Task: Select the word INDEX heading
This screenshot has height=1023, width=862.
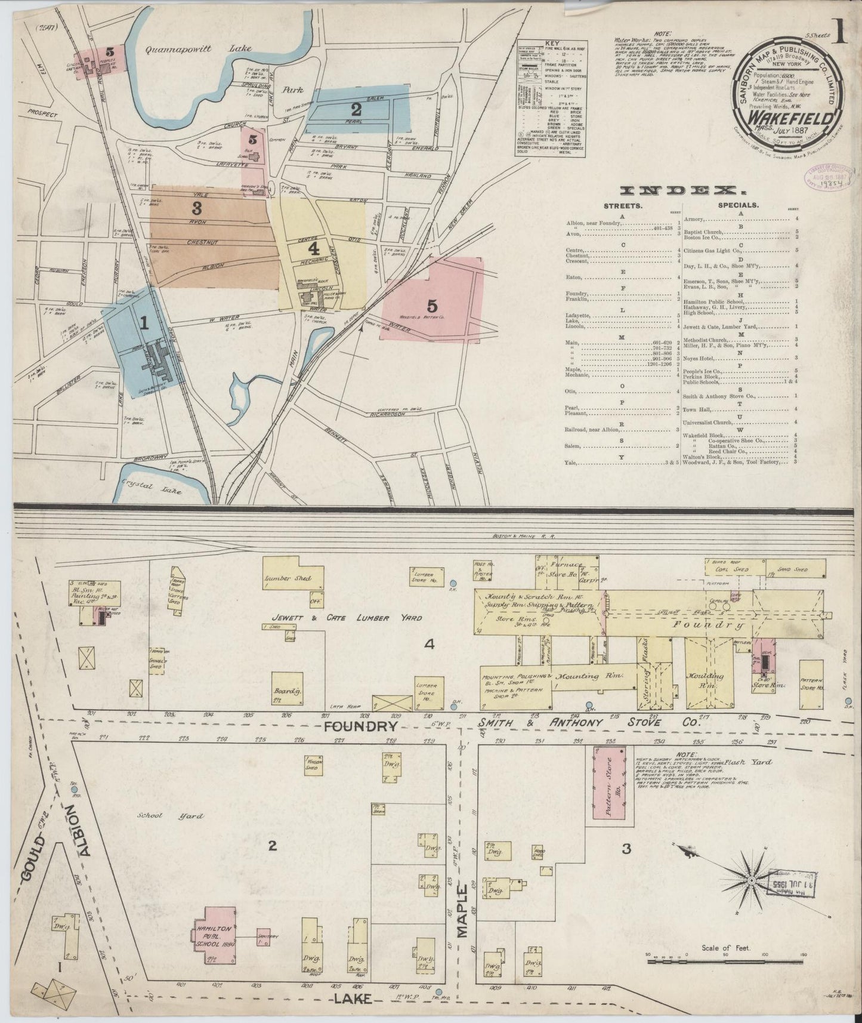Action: (x=679, y=190)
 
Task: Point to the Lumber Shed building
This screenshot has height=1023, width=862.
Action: (x=288, y=578)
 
